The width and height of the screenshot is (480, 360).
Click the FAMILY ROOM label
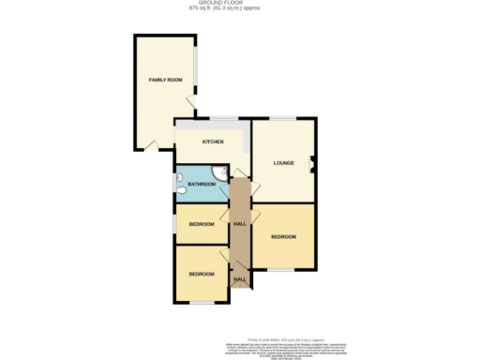pyautogui.click(x=165, y=81)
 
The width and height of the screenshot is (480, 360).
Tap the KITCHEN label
pyautogui.click(x=213, y=142)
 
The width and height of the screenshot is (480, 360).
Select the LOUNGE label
pyautogui.click(x=284, y=163)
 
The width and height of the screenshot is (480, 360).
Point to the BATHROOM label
pyautogui.click(x=202, y=185)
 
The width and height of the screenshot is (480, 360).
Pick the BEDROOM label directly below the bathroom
pyautogui.click(x=202, y=224)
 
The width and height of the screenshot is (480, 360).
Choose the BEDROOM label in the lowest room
pyautogui.click(x=202, y=274)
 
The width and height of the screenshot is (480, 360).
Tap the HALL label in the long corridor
pyautogui.click(x=240, y=224)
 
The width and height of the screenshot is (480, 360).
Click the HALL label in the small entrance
pyautogui.click(x=239, y=279)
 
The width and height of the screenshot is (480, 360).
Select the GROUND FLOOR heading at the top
pyautogui.click(x=239, y=4)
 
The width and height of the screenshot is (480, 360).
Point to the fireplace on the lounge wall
pyautogui.click(x=314, y=167)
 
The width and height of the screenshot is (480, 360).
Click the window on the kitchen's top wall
pyautogui.click(x=223, y=118)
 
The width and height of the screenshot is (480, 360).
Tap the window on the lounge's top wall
pyautogui.click(x=284, y=118)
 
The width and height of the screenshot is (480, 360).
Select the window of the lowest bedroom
pyautogui.click(x=202, y=302)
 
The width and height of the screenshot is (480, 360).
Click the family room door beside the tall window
pyautogui.click(x=189, y=103)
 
